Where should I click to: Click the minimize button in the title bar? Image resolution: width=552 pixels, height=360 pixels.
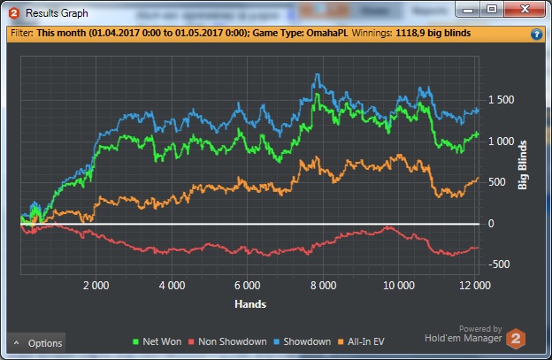click(468, 10)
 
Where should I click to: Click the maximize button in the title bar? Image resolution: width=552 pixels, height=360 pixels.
click(491, 10)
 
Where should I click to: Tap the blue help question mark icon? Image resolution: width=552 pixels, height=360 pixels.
click(536, 34)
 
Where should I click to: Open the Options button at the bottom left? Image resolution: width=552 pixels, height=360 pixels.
click(37, 343)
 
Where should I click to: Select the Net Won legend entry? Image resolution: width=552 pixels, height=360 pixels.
click(156, 341)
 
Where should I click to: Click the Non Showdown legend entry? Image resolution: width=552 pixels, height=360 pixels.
click(230, 341)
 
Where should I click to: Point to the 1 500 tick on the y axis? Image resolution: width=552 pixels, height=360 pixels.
click(498, 100)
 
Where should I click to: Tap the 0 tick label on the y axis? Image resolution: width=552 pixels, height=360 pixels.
click(491, 224)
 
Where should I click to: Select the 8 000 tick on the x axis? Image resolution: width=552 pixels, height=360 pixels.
click(323, 286)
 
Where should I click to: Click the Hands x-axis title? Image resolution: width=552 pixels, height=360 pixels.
click(251, 303)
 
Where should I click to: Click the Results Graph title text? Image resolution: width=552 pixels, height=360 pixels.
click(57, 13)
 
